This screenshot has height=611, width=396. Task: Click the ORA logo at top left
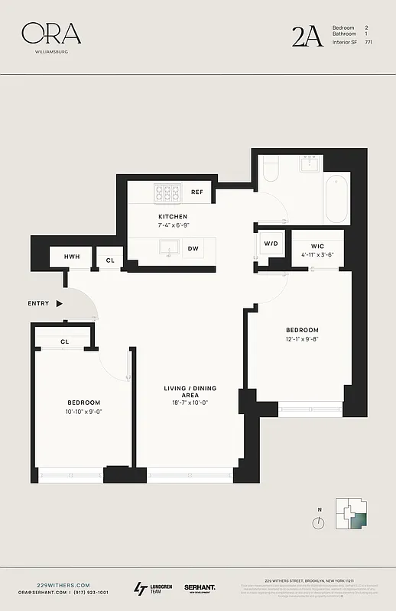[x=51, y=34]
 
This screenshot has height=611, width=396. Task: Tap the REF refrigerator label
[x=196, y=192]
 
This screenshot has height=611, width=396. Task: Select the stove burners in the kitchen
[x=167, y=192]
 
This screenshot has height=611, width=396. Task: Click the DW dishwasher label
[x=194, y=249]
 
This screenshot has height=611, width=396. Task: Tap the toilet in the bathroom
[x=271, y=170]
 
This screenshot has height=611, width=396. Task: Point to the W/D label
[x=271, y=244]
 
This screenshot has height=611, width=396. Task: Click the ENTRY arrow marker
[x=59, y=303]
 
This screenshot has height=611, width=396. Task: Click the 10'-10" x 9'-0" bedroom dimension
[x=83, y=412]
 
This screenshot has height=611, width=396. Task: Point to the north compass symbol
[x=319, y=522]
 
